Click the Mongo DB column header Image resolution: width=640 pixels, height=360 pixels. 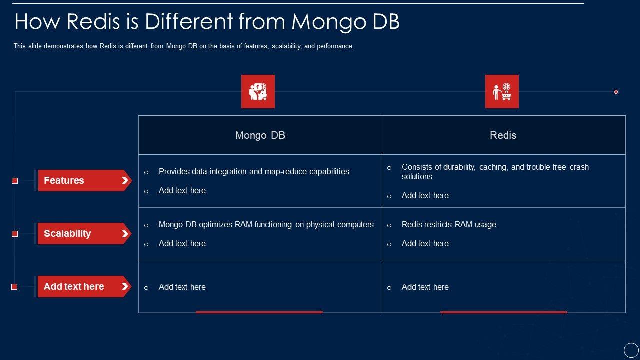pos(260,135)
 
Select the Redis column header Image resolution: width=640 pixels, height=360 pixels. pos(503,135)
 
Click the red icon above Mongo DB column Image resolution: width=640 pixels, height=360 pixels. pos(258,91)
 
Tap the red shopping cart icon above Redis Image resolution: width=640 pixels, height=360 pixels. pos(502,91)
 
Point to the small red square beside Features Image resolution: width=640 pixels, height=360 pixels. pos(15,181)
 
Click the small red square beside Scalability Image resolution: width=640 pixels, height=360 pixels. pos(15,234)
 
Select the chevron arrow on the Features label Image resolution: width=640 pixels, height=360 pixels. pos(125,180)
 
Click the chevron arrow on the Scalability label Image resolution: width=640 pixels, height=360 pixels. pos(125,234)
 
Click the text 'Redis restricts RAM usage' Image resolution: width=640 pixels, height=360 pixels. pos(449,225)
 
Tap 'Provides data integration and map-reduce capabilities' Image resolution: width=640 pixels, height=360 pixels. pos(254,171)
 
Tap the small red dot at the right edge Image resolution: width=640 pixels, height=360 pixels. pos(616,92)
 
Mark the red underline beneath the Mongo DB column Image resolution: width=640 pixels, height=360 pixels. pos(259,312)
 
